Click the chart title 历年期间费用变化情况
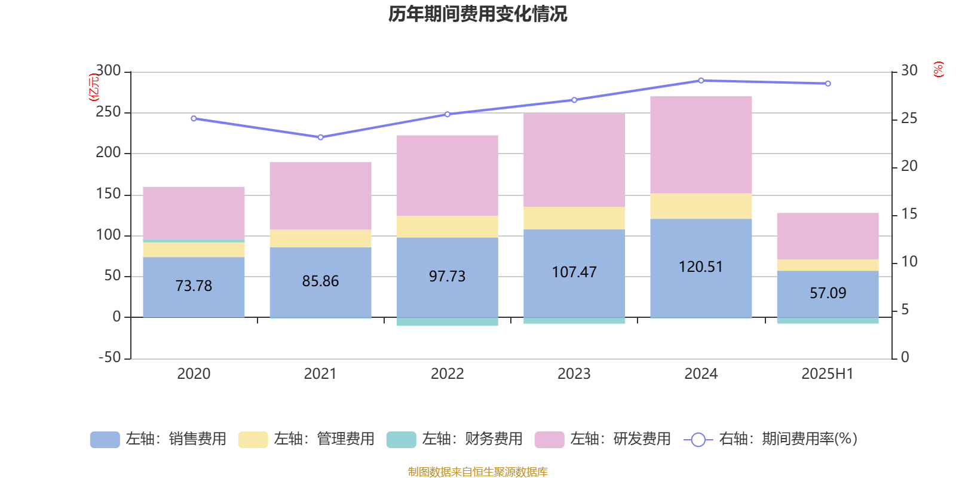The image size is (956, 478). pos(477,14)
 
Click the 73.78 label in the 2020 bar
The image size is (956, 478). pos(194,286)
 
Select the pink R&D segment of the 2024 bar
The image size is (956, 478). pos(701,145)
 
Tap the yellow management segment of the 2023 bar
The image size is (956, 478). pos(574,218)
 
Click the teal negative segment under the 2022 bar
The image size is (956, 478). pos(447,321)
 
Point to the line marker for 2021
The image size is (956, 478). pos(320,137)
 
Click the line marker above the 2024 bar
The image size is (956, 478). pos(701,81)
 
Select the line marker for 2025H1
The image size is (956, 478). pos(828,84)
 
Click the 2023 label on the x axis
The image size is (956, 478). pos(574,373)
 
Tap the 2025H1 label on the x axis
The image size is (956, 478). pos(828,373)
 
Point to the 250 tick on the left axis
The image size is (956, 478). pos(108,112)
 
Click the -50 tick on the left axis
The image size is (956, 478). pos(109,358)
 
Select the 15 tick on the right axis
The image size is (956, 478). pos(909,214)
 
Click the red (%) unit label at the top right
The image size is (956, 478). pos(938,69)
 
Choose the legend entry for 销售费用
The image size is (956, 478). pos(158,439)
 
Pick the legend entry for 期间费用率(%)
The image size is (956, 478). pos(771,439)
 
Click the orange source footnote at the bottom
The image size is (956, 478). pos(477,472)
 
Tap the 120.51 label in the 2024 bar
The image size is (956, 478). pos(701,266)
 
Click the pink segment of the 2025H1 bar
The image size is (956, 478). pos(828,236)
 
